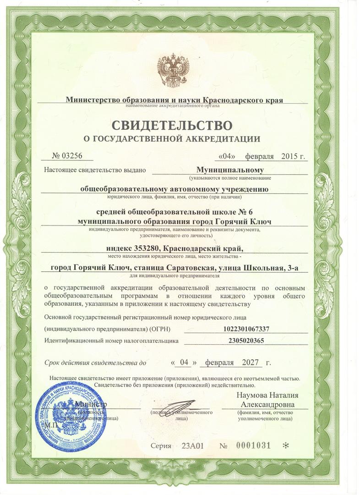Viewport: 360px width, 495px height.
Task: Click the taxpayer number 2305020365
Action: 245,341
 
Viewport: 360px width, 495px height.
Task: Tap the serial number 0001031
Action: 253,445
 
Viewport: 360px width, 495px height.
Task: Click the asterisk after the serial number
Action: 286,446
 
